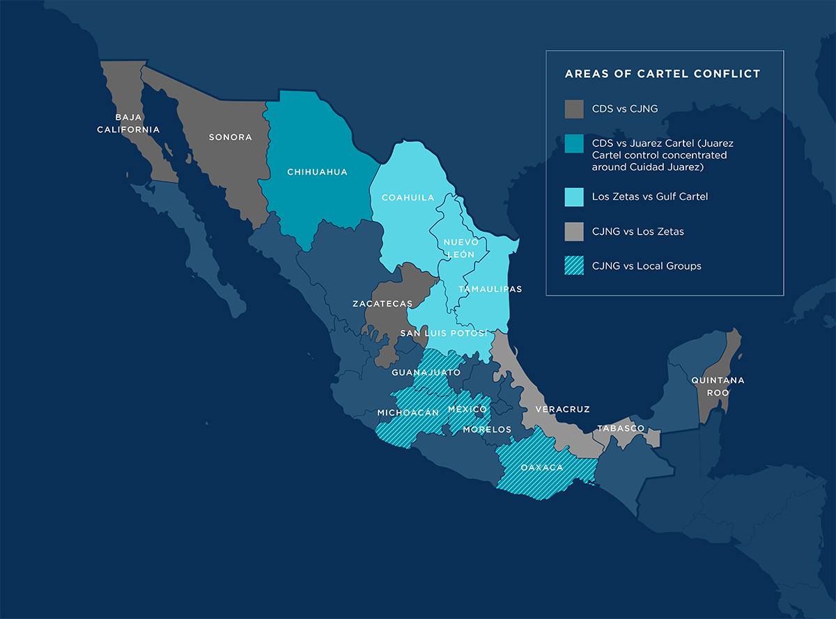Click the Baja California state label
(x=128, y=123)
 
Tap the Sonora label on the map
(x=231, y=137)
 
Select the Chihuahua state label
(x=317, y=171)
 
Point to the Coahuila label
(x=408, y=198)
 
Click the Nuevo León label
(x=460, y=248)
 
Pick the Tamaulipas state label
(x=490, y=289)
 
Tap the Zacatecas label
(x=382, y=304)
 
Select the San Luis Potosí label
(x=443, y=334)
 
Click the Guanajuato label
(x=426, y=373)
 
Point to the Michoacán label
(x=408, y=412)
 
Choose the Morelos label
(x=487, y=429)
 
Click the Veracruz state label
(x=562, y=409)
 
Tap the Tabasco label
(x=621, y=428)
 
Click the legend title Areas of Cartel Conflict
(x=662, y=74)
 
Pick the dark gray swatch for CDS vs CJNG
(x=574, y=109)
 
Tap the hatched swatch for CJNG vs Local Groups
(x=574, y=266)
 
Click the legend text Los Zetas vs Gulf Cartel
(x=649, y=197)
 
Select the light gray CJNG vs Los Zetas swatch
(x=574, y=231)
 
